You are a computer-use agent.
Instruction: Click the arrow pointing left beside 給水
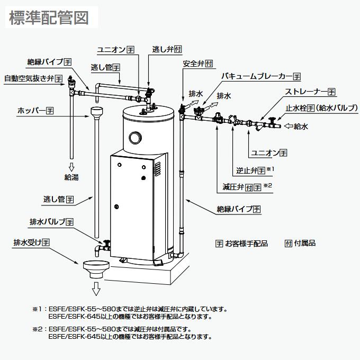(x=289, y=126)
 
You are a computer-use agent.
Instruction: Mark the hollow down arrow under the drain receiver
(x=96, y=289)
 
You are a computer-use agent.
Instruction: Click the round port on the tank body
(x=135, y=138)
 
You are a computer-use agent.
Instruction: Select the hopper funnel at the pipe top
(x=97, y=113)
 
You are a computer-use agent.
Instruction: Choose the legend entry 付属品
(x=300, y=244)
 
